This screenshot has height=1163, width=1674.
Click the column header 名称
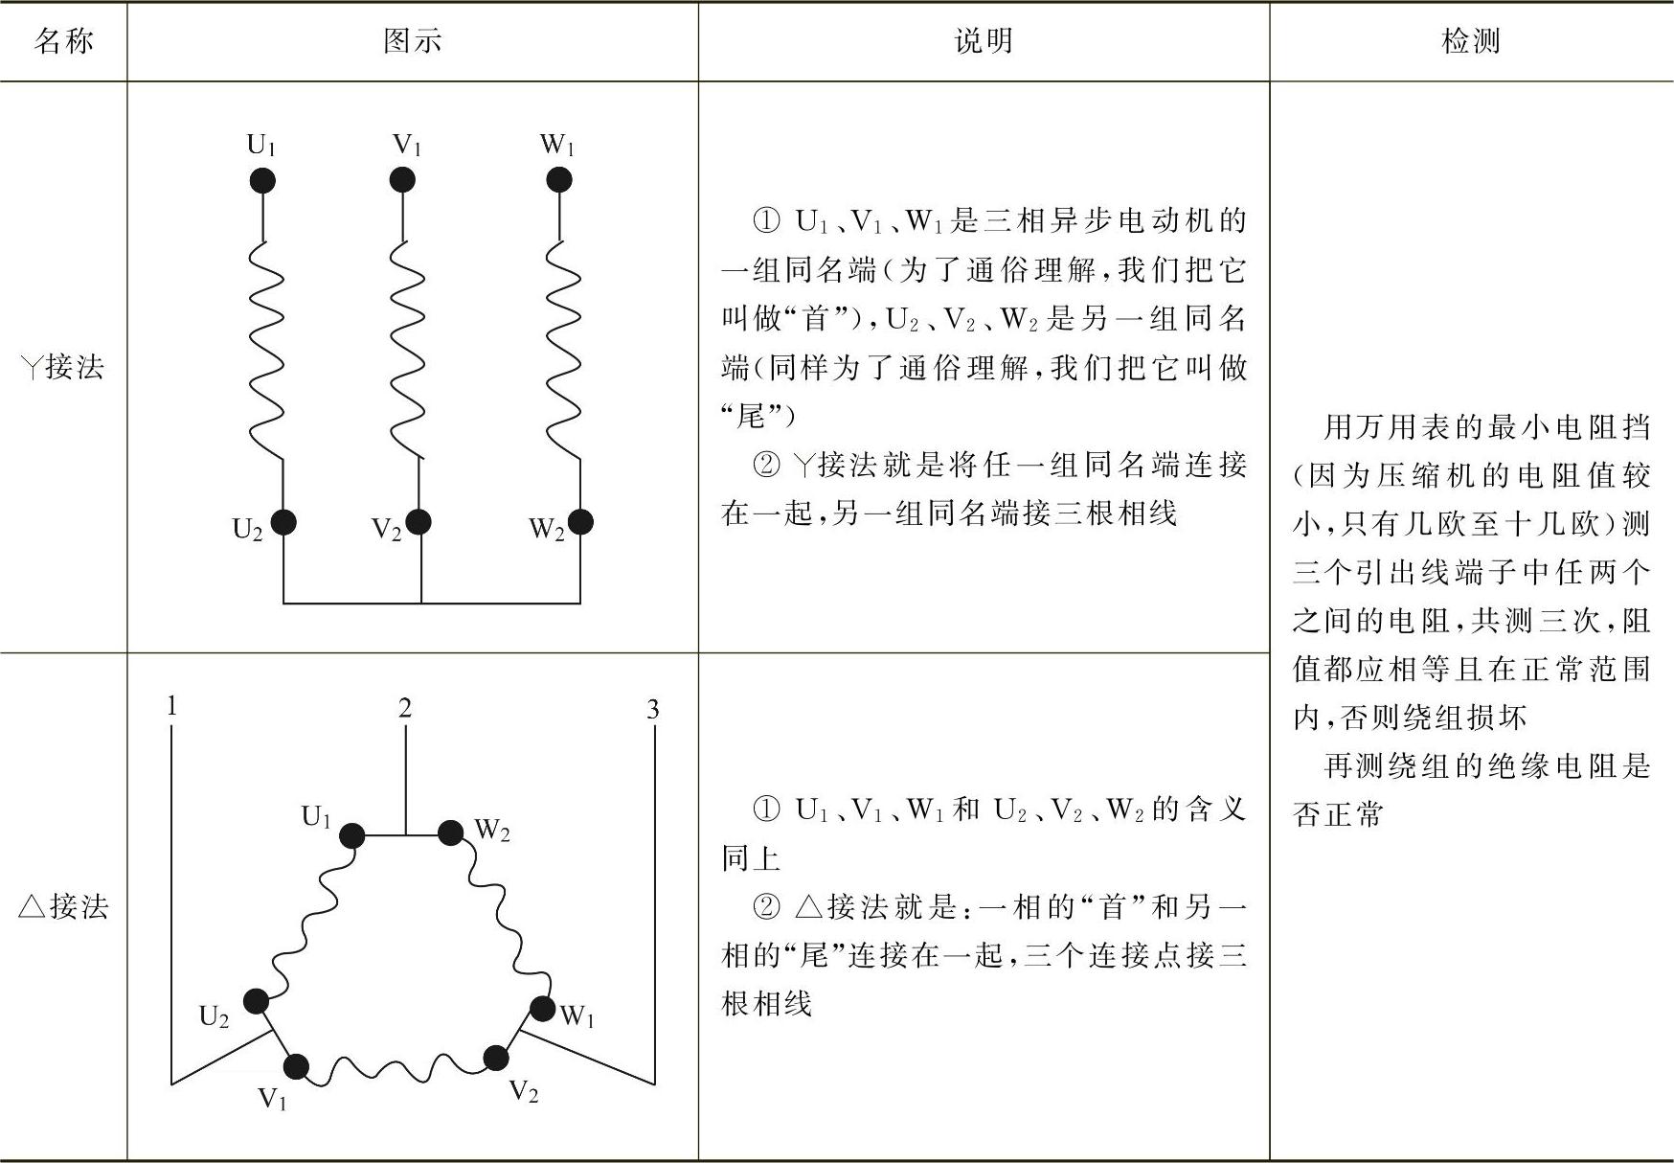(63, 41)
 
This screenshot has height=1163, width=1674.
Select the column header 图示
(412, 41)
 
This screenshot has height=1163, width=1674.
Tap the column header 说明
(984, 41)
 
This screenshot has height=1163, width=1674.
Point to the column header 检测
(1470, 41)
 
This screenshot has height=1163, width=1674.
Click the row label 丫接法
(63, 366)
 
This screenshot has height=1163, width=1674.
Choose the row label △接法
(63, 906)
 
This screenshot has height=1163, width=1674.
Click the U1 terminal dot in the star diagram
(261, 180)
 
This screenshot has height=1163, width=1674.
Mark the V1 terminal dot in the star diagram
(402, 179)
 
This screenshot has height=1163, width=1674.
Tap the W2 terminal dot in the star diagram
(579, 522)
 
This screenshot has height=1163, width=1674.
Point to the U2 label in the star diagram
(247, 530)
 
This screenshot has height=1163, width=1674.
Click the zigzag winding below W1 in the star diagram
(564, 350)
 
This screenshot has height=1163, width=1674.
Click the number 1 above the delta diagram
(171, 707)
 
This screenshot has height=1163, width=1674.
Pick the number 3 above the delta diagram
(653, 710)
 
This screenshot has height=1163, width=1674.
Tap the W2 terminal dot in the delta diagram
(450, 832)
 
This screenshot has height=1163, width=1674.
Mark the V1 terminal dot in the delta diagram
(296, 1066)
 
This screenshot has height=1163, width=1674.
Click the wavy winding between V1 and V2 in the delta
(396, 1069)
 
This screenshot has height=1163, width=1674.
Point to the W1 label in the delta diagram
(577, 1016)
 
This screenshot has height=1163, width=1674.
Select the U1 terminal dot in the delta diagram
(351, 835)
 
